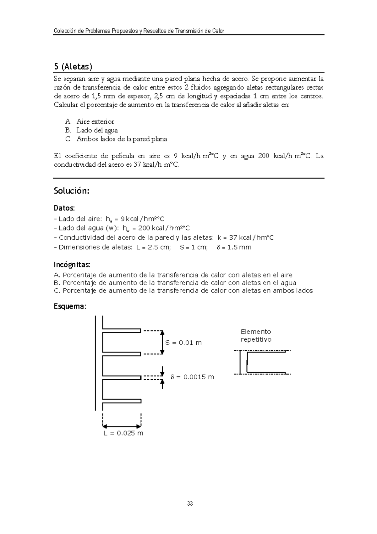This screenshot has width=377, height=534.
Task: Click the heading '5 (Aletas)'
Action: coord(73,67)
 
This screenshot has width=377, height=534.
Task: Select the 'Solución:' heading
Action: coord(72,191)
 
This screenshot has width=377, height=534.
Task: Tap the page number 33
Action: coord(190,503)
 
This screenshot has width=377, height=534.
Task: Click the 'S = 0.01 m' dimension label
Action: coord(183,343)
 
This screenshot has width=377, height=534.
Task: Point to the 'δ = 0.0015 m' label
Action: coord(192,377)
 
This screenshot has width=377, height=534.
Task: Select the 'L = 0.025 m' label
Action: coord(123,433)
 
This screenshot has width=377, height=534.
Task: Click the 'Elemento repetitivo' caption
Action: coord(256,336)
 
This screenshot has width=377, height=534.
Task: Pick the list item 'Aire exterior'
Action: coord(95,121)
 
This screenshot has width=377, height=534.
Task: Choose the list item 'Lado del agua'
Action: coord(97,130)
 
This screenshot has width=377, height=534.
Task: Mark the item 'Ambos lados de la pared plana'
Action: coord(122,139)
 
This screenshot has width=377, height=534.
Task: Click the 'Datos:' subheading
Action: coord(64,208)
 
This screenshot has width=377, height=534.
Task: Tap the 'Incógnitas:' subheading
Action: coord(72,264)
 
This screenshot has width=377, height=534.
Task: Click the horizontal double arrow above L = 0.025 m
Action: coord(122,426)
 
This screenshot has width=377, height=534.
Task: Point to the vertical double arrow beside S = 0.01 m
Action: coord(162,342)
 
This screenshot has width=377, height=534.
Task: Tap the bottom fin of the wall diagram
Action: coord(122,401)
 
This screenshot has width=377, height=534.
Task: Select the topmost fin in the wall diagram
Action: coord(122,330)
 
